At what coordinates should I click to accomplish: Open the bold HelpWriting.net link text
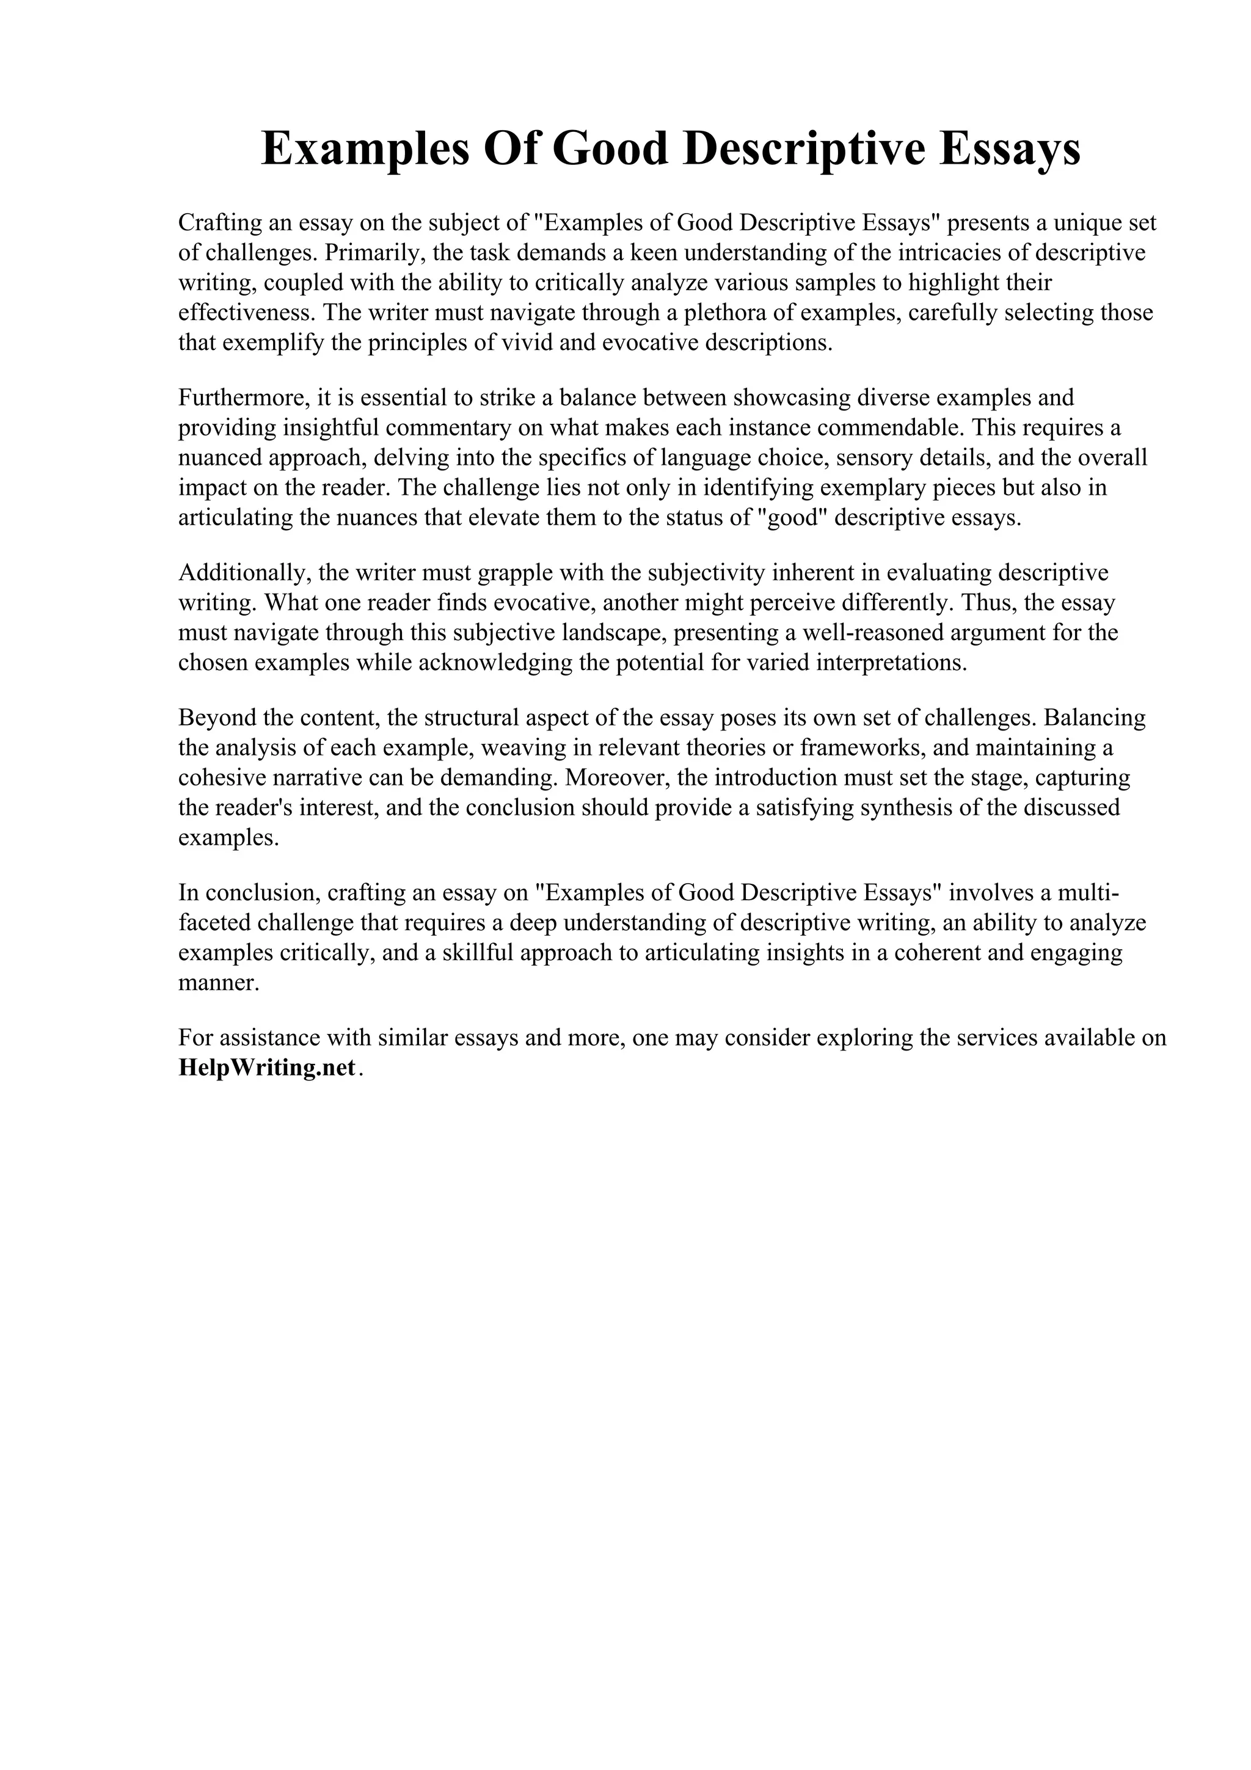point(267,1068)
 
